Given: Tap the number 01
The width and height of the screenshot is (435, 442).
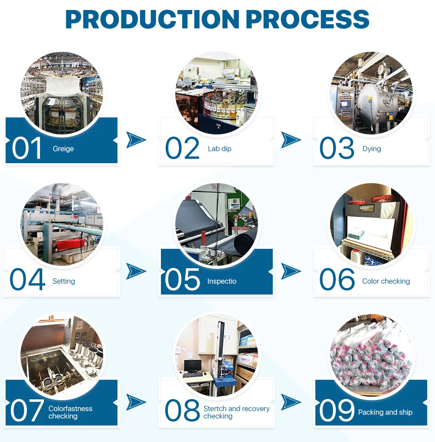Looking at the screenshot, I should (27, 148).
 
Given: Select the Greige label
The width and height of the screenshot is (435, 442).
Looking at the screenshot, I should (63, 149).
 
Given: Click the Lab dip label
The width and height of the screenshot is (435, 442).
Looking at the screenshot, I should (219, 149).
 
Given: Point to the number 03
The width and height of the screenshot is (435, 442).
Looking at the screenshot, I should (337, 148).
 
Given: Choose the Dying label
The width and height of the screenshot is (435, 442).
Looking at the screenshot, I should (371, 149).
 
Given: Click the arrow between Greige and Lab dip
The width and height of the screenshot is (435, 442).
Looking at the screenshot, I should (136, 140).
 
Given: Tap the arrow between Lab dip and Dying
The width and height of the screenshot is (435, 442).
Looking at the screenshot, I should (291, 140).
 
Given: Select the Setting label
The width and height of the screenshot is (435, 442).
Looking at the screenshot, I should (64, 281).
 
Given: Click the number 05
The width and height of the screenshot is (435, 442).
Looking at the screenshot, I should (182, 280).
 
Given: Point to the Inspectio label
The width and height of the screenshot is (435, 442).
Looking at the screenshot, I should (222, 281).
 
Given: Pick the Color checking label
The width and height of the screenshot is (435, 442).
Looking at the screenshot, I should (386, 281).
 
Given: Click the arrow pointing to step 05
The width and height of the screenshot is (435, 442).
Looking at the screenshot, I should (136, 271).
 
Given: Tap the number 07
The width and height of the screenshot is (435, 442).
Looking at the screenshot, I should (27, 411).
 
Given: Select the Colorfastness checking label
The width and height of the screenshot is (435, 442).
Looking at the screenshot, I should (70, 412).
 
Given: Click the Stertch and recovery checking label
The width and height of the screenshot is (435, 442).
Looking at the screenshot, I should (236, 412).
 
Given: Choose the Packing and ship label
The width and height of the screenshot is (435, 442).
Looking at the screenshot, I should (385, 412).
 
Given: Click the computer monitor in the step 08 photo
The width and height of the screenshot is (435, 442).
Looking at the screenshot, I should (192, 366).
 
